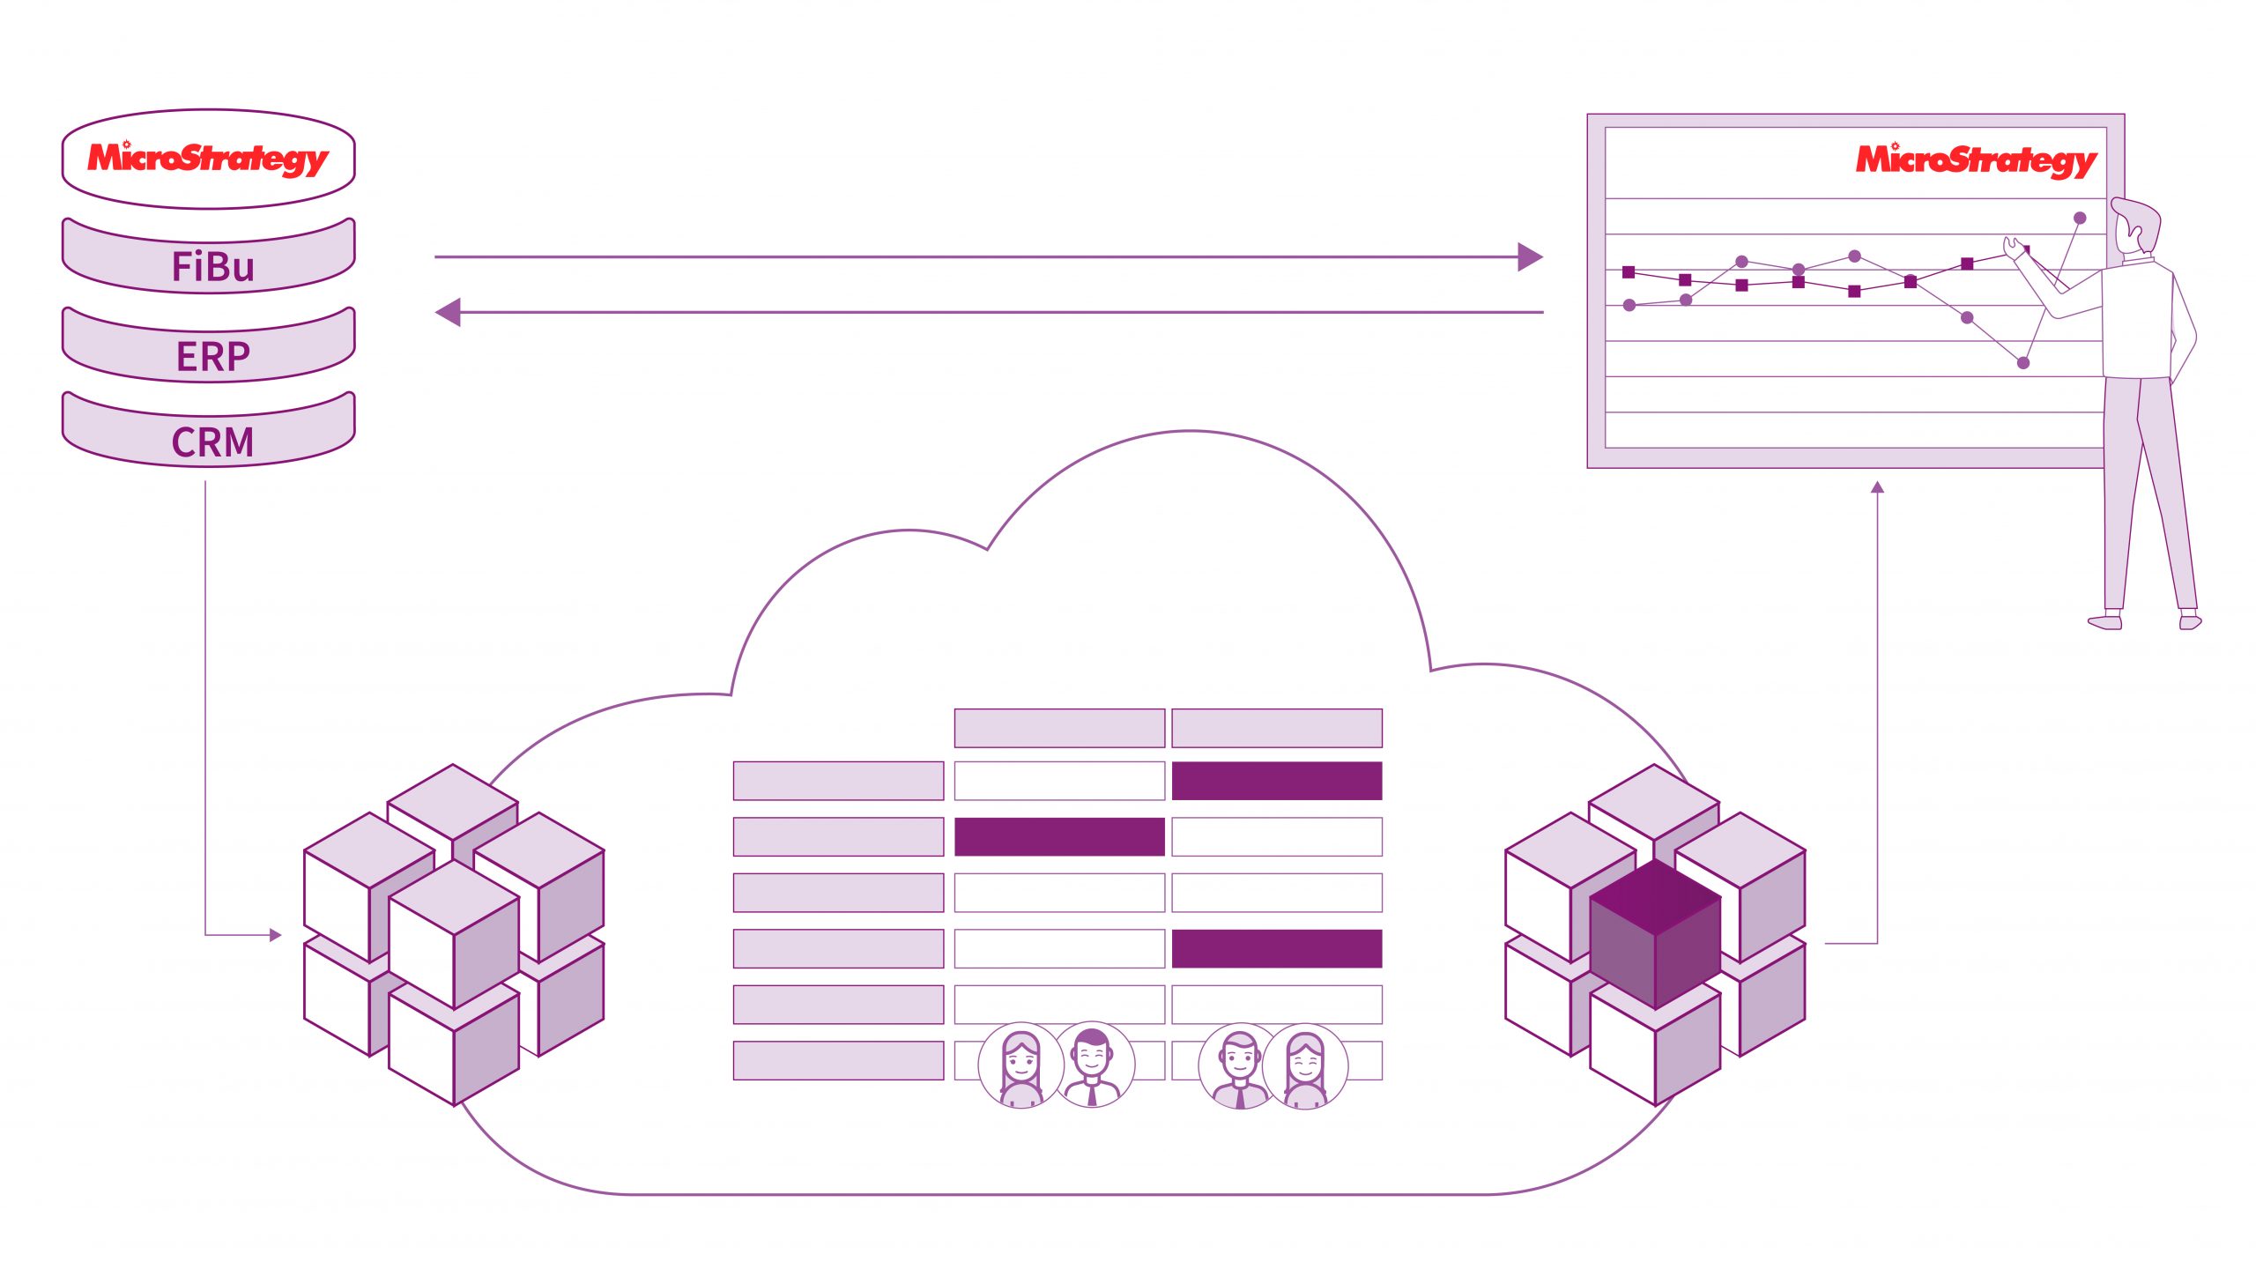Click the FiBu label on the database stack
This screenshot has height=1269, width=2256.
coord(212,266)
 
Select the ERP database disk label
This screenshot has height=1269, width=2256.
coord(213,357)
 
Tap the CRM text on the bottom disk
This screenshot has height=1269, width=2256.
coord(212,442)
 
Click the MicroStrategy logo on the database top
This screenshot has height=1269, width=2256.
coord(208,159)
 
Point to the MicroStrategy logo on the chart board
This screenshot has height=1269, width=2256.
coord(1977,160)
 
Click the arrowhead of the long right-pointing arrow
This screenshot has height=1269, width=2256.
coord(1530,257)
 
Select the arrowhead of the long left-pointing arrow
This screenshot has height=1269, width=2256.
coord(449,312)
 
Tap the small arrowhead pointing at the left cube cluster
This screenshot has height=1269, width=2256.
coord(276,935)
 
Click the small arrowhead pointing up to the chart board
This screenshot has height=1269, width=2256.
coord(1878,486)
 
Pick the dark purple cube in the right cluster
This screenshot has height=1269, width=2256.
coord(1655,934)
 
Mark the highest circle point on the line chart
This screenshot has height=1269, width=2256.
coord(2080,218)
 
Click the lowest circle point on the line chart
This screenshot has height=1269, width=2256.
coord(2023,363)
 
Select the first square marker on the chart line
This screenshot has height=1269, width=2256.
coord(1629,272)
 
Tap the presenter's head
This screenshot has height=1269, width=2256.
coord(2136,226)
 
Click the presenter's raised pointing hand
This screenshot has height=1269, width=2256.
coord(2015,248)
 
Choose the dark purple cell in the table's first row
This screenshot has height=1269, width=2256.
coord(1277,781)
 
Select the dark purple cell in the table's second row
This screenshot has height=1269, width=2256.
coord(1059,836)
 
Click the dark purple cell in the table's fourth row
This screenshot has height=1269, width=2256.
coord(1277,948)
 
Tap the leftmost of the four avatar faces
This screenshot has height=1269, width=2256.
coord(1021,1065)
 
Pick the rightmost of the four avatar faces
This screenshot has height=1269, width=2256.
coord(1305,1065)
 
